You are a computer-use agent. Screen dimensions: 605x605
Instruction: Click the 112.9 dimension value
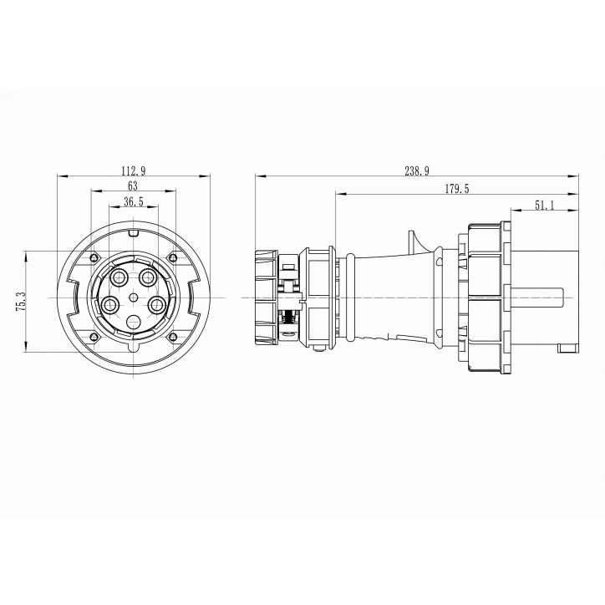pyautogui.click(x=133, y=170)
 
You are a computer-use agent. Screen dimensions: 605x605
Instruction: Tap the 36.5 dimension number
pyautogui.click(x=132, y=201)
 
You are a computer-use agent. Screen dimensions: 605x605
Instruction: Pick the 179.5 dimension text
pyautogui.click(x=456, y=190)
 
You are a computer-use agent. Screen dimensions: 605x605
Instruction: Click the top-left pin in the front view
pyautogui.click(x=119, y=276)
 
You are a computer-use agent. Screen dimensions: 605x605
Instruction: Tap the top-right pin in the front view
pyautogui.click(x=148, y=276)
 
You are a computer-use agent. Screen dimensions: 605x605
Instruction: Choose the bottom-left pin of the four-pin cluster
pyautogui.click(x=109, y=305)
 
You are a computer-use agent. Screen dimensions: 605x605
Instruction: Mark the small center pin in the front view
pyautogui.click(x=133, y=297)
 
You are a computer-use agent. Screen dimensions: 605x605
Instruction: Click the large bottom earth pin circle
pyautogui.click(x=133, y=322)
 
